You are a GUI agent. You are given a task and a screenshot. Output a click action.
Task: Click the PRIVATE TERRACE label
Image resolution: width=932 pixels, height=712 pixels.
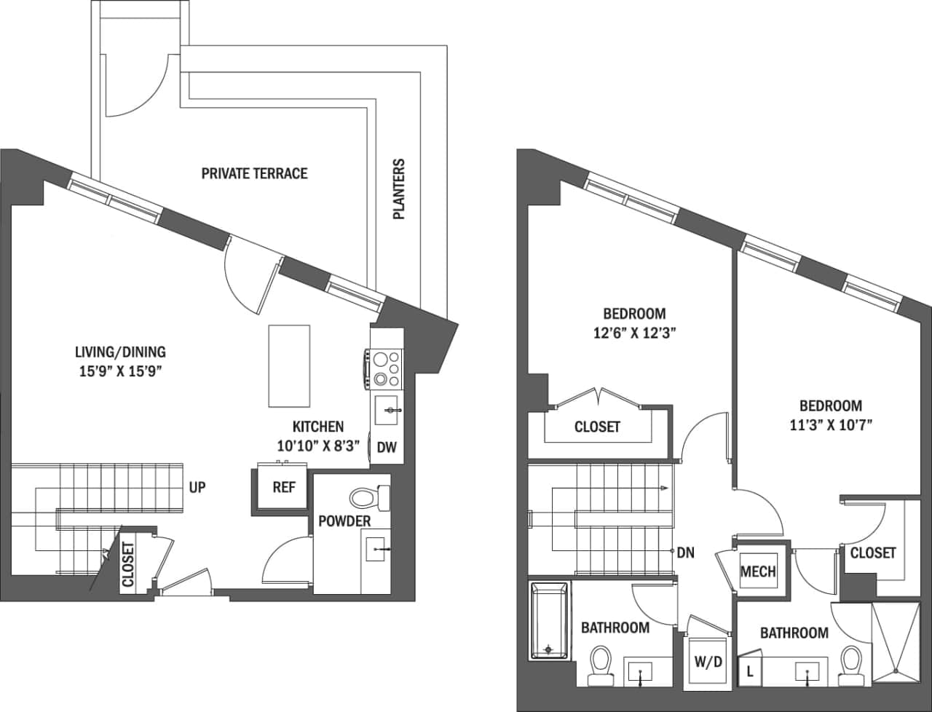point(254,173)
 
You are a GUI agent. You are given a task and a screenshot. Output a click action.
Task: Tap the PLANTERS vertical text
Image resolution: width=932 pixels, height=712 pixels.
point(398,189)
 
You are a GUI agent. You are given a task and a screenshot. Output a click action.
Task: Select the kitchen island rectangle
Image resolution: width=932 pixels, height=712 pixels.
point(289,365)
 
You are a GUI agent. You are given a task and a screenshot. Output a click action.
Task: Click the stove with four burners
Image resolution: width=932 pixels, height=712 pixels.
point(386,368)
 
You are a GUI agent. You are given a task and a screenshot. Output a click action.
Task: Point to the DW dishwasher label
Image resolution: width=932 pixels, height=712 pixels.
point(387,448)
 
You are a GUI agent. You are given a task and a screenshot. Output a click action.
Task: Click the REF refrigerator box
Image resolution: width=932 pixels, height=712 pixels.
point(283,487)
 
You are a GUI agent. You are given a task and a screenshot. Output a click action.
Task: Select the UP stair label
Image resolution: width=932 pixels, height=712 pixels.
point(197,488)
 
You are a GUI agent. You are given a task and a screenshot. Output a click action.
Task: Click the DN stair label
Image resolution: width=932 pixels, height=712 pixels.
point(685,553)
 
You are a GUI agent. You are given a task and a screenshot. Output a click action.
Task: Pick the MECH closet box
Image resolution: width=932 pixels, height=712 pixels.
point(757,571)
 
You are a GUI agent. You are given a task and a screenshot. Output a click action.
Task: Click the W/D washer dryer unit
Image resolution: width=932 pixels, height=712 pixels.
point(708,661)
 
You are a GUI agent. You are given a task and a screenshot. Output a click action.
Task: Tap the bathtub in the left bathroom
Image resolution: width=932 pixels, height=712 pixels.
point(548,620)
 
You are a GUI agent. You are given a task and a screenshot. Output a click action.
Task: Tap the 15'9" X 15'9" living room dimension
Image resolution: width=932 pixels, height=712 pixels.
point(120,371)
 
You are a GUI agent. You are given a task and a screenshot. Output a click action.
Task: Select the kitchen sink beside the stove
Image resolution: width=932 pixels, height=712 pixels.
point(386,411)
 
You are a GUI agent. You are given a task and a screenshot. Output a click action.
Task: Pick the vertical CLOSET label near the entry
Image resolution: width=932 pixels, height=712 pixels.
point(128,563)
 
